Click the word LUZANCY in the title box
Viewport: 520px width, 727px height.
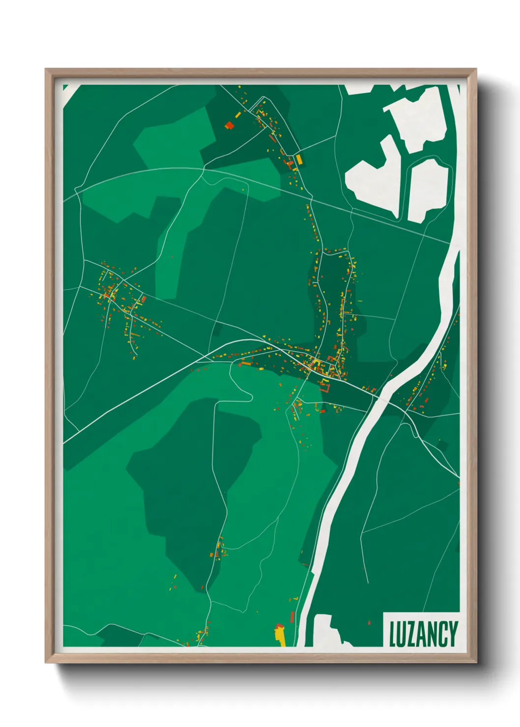coord(423,634)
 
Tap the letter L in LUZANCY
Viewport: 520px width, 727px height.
coord(393,634)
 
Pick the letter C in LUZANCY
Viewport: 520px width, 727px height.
coord(443,634)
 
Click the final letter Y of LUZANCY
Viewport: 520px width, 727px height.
coord(453,634)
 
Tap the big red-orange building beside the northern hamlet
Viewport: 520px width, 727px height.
coord(229,125)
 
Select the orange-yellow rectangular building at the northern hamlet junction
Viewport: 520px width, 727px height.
coord(298,159)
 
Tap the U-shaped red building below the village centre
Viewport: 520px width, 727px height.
coord(325,388)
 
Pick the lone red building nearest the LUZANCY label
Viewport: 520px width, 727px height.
coord(369,623)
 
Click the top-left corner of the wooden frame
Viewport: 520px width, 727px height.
coord(46,70)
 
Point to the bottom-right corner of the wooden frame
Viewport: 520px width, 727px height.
coord(475,662)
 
